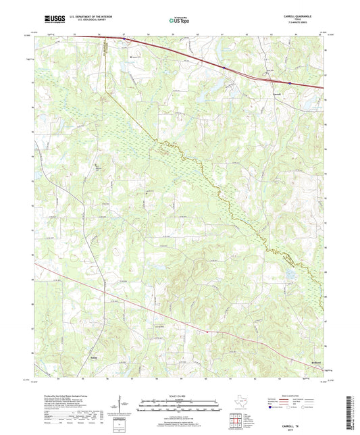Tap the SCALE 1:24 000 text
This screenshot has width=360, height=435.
click(x=179, y=395)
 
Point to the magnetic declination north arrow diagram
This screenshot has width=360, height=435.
click(x=122, y=405)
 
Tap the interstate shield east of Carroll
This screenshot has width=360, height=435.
click(x=290, y=84)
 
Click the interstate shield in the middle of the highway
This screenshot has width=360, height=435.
click(x=222, y=67)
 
